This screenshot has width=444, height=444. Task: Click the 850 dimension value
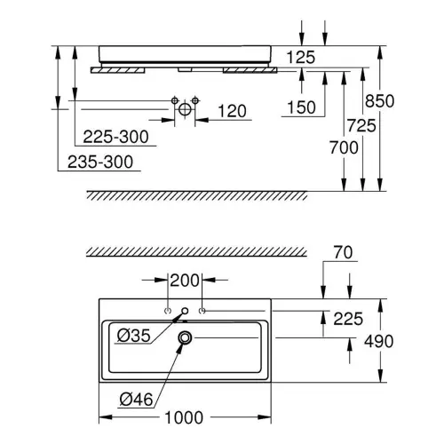pyautogui.click(x=379, y=101)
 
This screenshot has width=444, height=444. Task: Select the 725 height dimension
pyautogui.click(x=361, y=125)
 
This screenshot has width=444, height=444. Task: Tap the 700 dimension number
pyautogui.click(x=344, y=147)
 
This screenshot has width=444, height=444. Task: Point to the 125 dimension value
pyautogui.click(x=301, y=58)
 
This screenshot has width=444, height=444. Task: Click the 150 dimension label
pyautogui.click(x=302, y=107)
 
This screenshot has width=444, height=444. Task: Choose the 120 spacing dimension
pyautogui.click(x=233, y=111)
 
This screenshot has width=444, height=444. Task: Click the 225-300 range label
pyautogui.click(x=115, y=137)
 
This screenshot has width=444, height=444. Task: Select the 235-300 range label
pyautogui.click(x=100, y=163)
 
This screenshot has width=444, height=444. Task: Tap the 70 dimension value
pyautogui.click(x=343, y=252)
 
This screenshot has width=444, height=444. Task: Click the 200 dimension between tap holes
pyautogui.click(x=185, y=281)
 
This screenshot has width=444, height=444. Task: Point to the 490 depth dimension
pyautogui.click(x=379, y=342)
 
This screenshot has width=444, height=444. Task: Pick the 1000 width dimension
pyautogui.click(x=184, y=417)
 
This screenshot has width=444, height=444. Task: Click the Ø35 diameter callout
pyautogui.click(x=134, y=336)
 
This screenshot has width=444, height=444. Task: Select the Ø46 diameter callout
pyautogui.click(x=136, y=400)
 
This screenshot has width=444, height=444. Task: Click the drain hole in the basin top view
pyautogui.click(x=185, y=337)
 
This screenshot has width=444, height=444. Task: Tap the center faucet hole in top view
pyautogui.click(x=185, y=311)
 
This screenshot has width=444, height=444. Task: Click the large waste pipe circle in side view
pyautogui.click(x=185, y=109)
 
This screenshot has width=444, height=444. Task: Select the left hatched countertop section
pyautogui.click(x=118, y=70)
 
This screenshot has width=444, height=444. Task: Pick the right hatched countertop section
pyautogui.click(x=250, y=70)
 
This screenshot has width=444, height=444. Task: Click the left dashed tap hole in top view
pyautogui.click(x=168, y=311)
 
